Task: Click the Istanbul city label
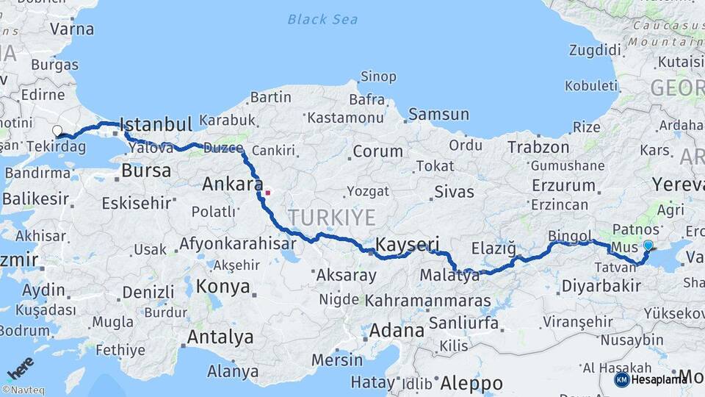[155, 123]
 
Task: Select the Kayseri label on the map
[407, 244]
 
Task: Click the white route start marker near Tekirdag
[57, 131]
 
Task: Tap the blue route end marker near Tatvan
[648, 246]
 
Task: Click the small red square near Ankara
[268, 193]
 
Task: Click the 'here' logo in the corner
[20, 368]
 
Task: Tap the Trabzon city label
[538, 147]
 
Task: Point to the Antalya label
[220, 337]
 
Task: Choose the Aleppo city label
[471, 383]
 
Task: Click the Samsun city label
[438, 114]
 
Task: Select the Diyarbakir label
[600, 286]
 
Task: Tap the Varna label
[72, 29]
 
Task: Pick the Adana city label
[397, 330]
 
